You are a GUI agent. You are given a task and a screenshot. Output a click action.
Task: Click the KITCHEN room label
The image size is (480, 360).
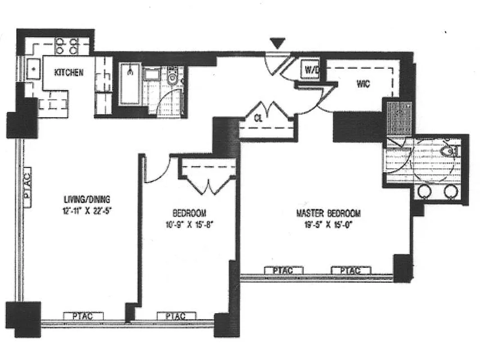(69, 72)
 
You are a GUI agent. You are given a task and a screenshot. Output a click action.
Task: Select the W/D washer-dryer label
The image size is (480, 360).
(311, 70)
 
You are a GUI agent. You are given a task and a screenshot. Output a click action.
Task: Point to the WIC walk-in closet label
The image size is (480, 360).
(363, 84)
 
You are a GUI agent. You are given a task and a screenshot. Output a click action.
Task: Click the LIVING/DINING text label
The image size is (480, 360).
(87, 199)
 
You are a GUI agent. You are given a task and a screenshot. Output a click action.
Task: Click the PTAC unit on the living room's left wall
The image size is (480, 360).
(27, 187)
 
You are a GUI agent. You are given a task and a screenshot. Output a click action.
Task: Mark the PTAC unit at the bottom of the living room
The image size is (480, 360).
(83, 316)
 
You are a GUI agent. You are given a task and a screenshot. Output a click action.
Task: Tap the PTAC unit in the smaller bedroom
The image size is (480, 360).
(176, 316)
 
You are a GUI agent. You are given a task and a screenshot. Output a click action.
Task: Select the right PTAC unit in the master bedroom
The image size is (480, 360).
(351, 270)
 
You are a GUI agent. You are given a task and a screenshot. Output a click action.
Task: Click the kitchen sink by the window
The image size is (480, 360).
(33, 68)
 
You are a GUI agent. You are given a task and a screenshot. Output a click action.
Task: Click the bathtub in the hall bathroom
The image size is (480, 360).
(130, 84)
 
